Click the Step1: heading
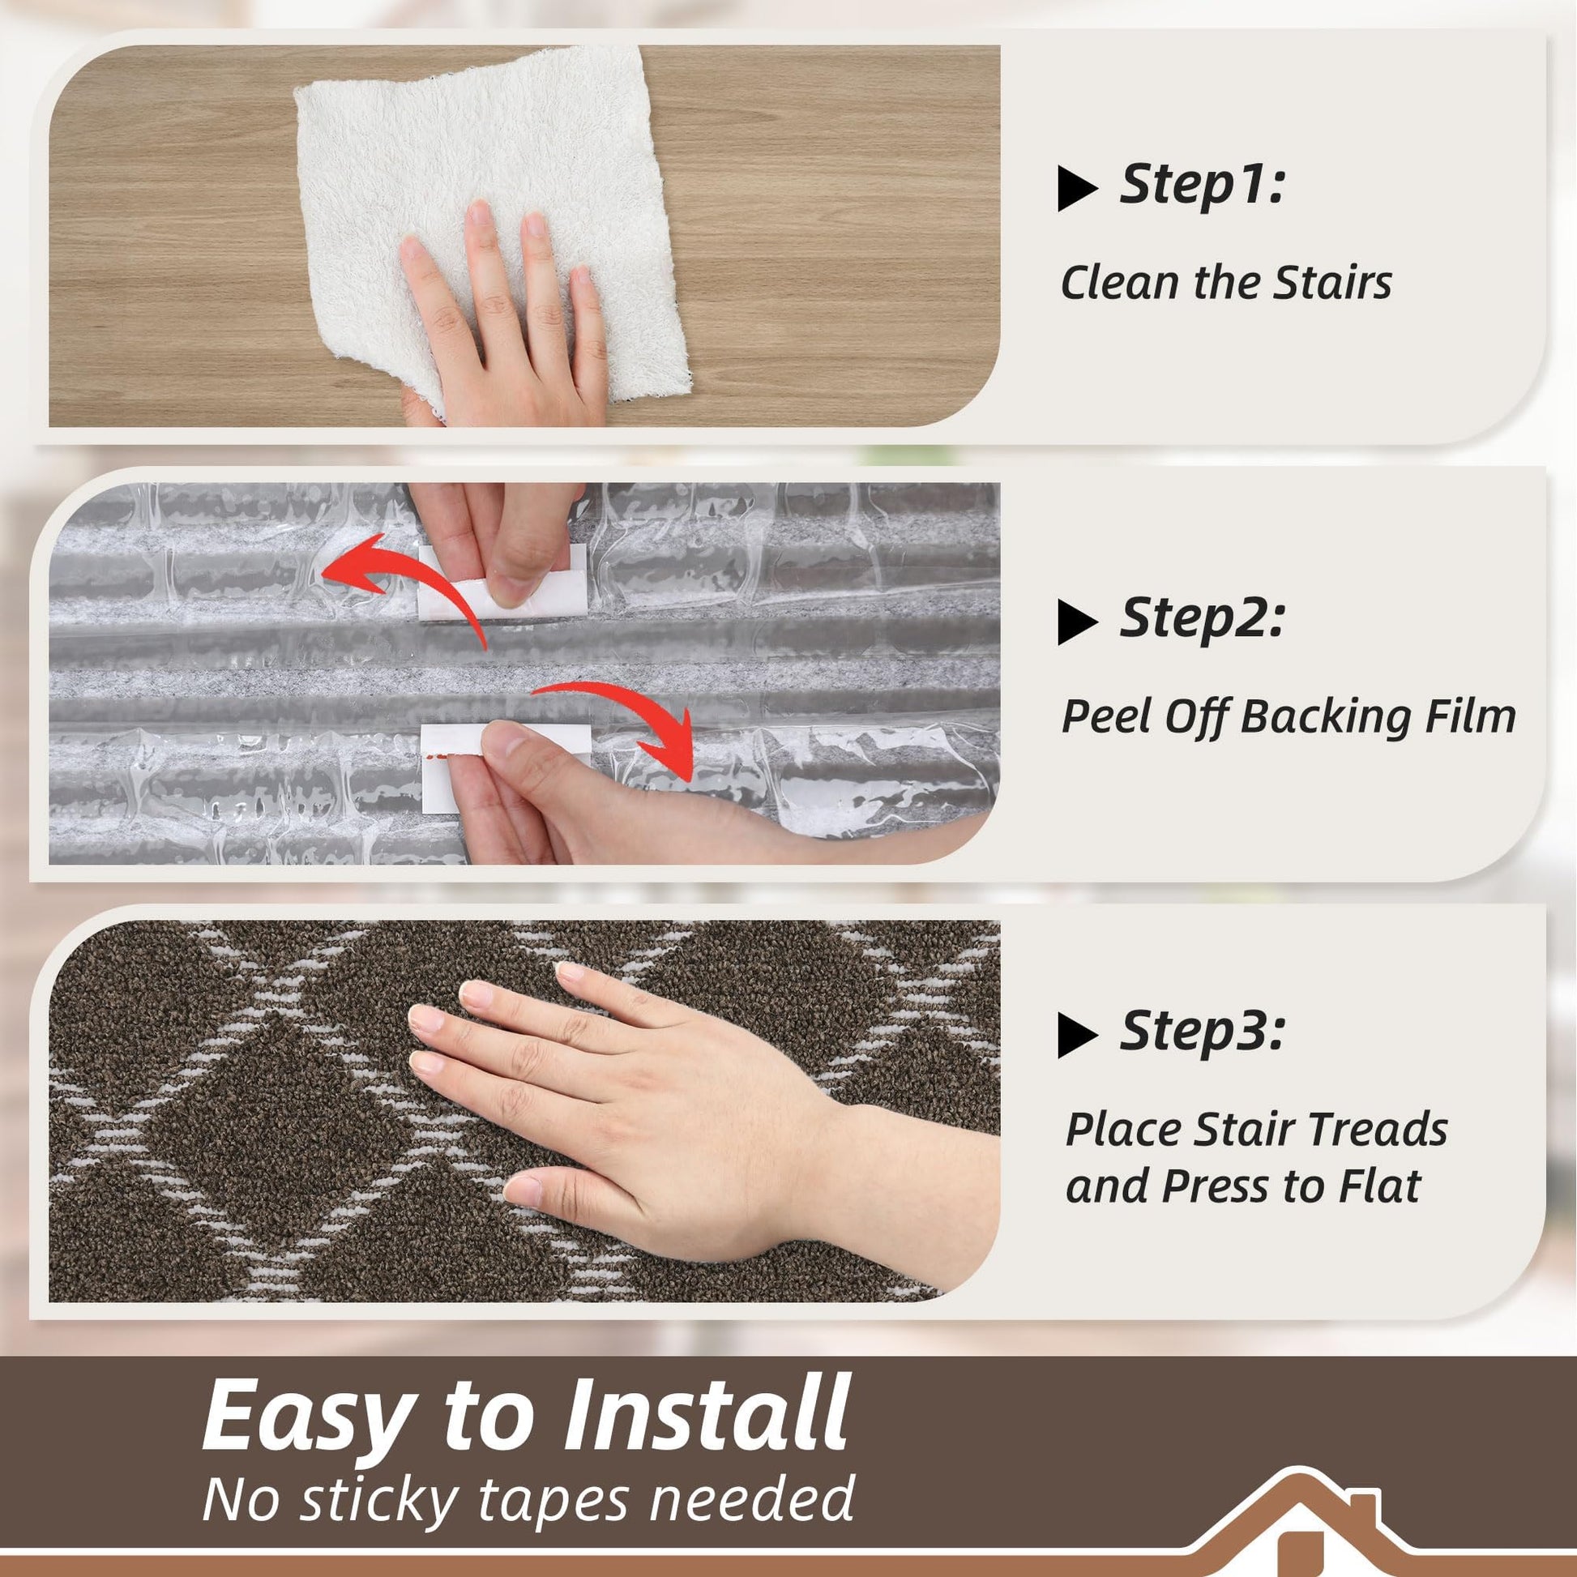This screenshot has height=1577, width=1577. click(x=1202, y=185)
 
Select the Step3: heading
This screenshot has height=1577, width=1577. click(x=1202, y=1032)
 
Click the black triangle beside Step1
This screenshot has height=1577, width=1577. click(x=1078, y=188)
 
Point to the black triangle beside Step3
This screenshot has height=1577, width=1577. click(x=1078, y=1035)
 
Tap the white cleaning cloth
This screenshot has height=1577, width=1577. click(x=489, y=220)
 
